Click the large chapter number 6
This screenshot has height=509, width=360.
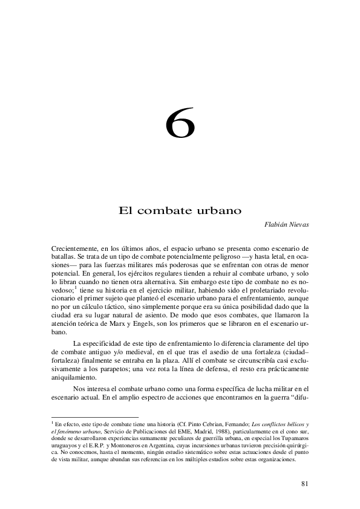click(180, 125)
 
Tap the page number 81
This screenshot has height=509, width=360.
click(304, 483)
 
